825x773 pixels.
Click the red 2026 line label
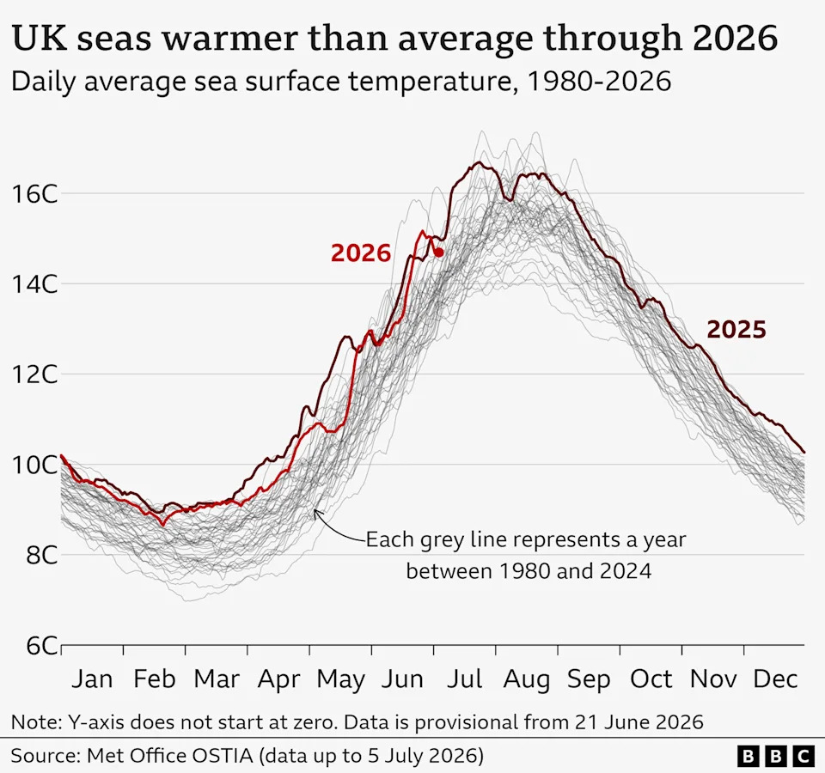coord(361,253)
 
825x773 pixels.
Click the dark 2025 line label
coord(736,330)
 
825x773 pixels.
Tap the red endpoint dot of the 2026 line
coord(439,253)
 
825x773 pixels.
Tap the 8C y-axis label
coord(41,556)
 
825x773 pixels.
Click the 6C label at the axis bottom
coord(41,646)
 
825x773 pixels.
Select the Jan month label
coord(92,679)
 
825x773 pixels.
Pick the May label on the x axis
coord(340,680)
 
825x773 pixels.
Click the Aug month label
coord(527,680)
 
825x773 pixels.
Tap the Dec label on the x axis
coord(775,679)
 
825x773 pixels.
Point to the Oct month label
coord(651,679)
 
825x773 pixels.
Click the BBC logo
coord(776,756)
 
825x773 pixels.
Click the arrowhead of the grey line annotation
coord(315,512)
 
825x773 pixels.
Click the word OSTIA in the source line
coord(223,756)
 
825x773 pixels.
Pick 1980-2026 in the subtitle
coord(598,82)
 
